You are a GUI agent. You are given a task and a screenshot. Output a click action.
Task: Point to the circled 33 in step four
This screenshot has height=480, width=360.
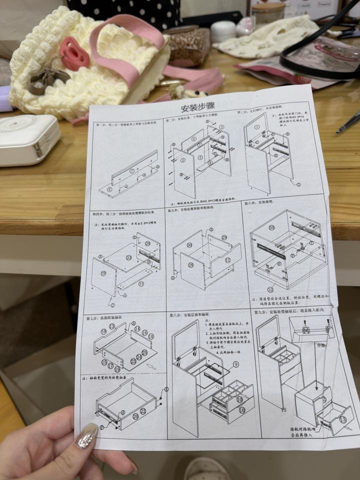(128, 258)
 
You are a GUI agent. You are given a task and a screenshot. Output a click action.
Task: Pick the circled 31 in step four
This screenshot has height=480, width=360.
(141, 284)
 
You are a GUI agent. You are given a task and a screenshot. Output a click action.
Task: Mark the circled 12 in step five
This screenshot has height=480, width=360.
(227, 260)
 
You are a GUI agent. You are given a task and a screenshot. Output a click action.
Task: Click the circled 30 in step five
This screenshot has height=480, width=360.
(189, 245)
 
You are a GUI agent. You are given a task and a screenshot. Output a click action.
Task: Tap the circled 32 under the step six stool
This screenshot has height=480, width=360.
(270, 289)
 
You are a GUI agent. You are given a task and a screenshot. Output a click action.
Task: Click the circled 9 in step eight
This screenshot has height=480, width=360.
(235, 364)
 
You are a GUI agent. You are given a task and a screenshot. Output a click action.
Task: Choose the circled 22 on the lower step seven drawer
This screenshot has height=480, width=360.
(143, 411)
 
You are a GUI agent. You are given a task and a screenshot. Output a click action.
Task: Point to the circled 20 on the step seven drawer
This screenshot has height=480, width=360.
(135, 416)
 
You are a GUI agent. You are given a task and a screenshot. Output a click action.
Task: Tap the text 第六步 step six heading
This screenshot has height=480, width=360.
(251, 203)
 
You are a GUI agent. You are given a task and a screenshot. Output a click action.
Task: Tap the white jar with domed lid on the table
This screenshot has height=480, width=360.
(222, 31)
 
